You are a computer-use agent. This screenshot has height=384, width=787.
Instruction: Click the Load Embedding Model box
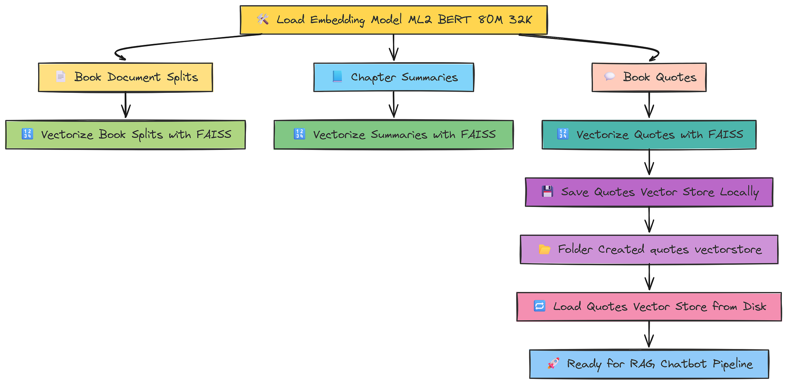393,20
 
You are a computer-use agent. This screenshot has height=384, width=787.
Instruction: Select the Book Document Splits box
126,77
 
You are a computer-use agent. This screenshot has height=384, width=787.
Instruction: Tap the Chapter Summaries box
393,77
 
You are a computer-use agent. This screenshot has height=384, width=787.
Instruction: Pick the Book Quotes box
649,77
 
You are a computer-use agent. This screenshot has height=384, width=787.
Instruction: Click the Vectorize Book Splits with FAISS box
126,135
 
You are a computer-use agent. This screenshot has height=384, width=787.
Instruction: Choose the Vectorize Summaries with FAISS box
393,135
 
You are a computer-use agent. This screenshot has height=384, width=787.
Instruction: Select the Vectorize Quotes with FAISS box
649,135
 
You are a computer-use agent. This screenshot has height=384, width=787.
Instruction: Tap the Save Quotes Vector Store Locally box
649,192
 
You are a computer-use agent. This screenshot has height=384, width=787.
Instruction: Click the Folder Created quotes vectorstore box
649,249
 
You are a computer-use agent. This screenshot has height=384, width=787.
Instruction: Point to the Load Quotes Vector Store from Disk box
649,306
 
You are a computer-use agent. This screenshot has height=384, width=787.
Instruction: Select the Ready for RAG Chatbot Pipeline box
649,364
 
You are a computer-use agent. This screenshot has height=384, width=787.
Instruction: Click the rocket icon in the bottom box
553,364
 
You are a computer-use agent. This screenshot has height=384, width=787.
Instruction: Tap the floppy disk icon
547,192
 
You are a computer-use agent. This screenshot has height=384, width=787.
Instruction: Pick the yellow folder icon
544,249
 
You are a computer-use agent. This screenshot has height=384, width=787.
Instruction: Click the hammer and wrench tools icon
262,19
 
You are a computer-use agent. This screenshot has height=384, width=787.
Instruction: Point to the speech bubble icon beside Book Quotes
610,77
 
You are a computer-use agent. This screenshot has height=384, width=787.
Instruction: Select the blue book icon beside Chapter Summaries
337,77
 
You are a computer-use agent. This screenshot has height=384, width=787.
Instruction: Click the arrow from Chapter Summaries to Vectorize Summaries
393,105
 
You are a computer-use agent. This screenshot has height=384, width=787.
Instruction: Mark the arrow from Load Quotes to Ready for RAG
649,334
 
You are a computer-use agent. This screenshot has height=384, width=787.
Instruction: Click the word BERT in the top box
454,19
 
